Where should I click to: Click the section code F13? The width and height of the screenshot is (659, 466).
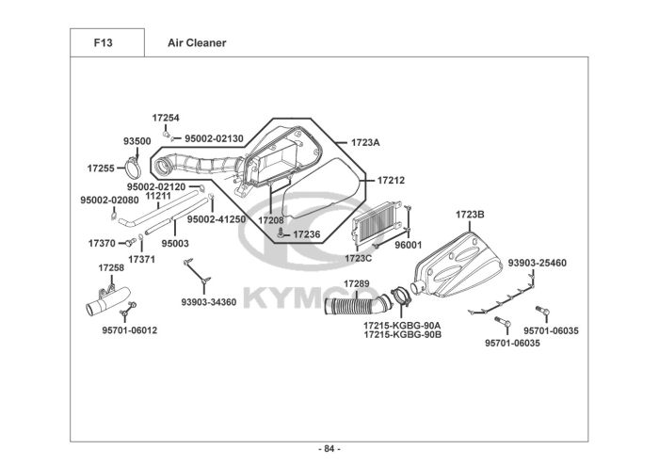(103, 43)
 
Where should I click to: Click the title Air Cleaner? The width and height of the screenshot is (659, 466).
(197, 43)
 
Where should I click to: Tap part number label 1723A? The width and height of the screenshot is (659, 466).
(365, 142)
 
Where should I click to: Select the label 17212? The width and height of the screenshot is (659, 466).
(391, 180)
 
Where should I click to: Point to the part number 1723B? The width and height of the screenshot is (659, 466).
(470, 215)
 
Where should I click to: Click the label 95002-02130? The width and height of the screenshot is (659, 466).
(214, 138)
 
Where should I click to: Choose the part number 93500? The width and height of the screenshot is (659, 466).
(137, 141)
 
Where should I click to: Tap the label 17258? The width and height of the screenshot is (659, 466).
(111, 267)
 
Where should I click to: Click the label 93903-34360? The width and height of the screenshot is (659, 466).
(209, 302)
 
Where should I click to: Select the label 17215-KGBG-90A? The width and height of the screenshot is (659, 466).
(402, 326)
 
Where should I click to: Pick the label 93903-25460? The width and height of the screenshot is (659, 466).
(538, 263)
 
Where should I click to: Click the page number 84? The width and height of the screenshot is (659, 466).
(329, 449)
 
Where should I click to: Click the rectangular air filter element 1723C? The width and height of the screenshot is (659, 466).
(377, 222)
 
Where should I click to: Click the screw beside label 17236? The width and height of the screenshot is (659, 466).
(281, 233)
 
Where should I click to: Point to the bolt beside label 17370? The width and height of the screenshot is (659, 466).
(130, 243)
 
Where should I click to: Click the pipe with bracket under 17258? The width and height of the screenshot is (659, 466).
(108, 300)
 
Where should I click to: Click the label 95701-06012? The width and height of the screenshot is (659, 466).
(130, 330)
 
